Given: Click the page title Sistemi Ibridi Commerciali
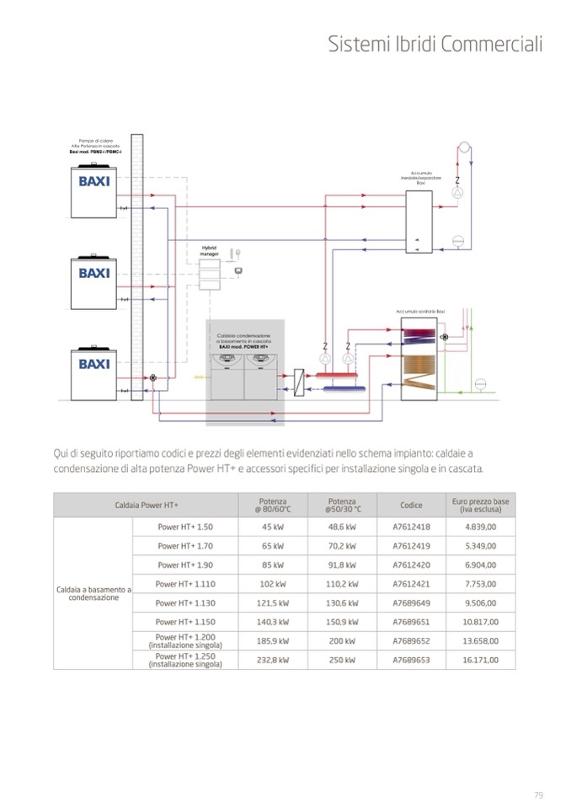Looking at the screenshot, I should [435, 45].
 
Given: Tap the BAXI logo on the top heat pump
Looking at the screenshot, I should [94, 182].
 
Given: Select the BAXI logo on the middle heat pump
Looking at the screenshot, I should [94, 273].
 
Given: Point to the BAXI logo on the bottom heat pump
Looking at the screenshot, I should [94, 364].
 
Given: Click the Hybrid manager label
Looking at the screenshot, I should [209, 251].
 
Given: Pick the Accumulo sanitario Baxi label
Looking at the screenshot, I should [420, 312].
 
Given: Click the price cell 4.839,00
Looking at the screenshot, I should [480, 527].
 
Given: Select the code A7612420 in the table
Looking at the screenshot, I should [411, 565].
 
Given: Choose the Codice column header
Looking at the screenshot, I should [411, 506].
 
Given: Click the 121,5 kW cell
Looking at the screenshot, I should [273, 603].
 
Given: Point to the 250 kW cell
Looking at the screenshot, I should [342, 660].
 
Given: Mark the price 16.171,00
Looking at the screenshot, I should [480, 660].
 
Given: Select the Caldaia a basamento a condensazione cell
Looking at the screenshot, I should [93, 594].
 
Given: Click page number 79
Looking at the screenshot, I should [538, 794].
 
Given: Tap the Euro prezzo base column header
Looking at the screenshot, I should [480, 506].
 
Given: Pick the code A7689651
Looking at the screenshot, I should [411, 622].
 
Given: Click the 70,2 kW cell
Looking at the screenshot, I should [342, 546].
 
